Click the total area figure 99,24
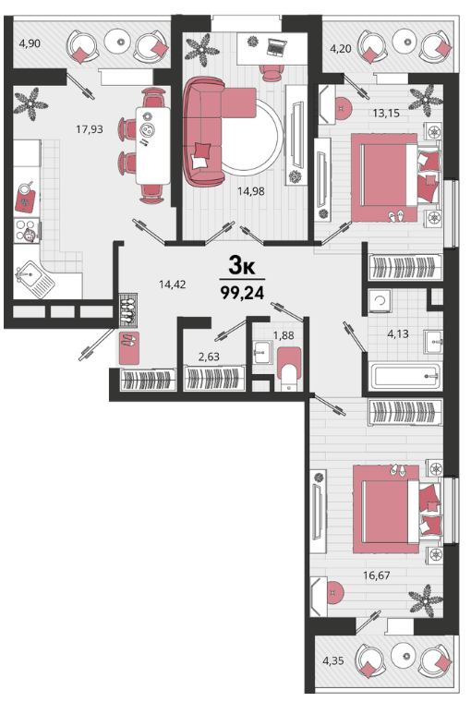click(242, 293)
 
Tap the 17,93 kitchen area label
click(89, 129)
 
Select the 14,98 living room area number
click(250, 191)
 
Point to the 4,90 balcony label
click(30, 43)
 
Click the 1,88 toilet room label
click(284, 335)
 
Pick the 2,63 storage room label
click(209, 357)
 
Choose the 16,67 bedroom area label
click(377, 575)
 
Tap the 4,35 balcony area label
click(333, 660)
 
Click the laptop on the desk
click(276, 47)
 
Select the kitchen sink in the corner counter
click(34, 277)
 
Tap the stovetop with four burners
click(27, 230)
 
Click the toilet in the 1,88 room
click(289, 369)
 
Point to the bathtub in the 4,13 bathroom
click(405, 377)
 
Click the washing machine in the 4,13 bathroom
click(380, 301)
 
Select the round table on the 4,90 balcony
click(120, 42)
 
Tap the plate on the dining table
click(146, 129)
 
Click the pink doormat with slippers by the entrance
click(129, 348)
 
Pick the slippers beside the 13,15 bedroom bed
click(396, 217)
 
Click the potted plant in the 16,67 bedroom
click(426, 599)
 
